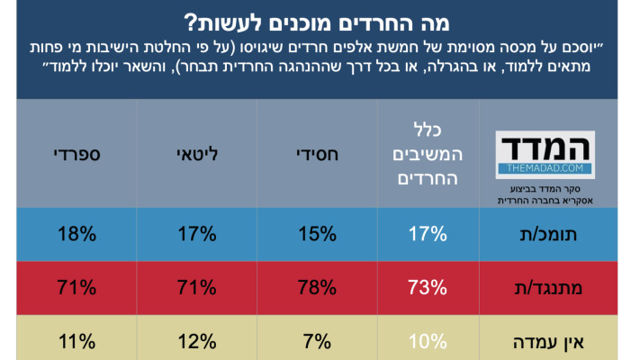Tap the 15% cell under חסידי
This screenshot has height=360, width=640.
[x=316, y=235]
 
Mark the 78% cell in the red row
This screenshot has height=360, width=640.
[x=316, y=289]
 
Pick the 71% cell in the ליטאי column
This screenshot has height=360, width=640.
[x=195, y=289]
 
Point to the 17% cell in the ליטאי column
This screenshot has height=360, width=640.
[x=195, y=235]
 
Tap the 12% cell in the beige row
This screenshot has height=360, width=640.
[x=195, y=342]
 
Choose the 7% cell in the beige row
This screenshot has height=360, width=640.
[x=316, y=342]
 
